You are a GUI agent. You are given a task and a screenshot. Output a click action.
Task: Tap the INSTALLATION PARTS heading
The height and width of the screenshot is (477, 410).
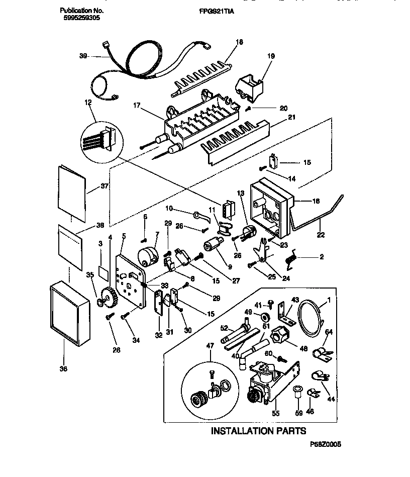coord(258,431)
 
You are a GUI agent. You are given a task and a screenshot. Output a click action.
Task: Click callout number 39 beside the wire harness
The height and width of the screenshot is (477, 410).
coord(84,57)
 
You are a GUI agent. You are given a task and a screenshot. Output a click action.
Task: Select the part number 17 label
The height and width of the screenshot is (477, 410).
coord(137,107)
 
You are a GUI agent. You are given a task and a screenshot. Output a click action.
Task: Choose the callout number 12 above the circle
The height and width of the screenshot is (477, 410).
coord(88,103)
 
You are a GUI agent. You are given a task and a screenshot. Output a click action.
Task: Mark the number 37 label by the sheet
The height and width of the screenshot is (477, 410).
coord(105,186)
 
